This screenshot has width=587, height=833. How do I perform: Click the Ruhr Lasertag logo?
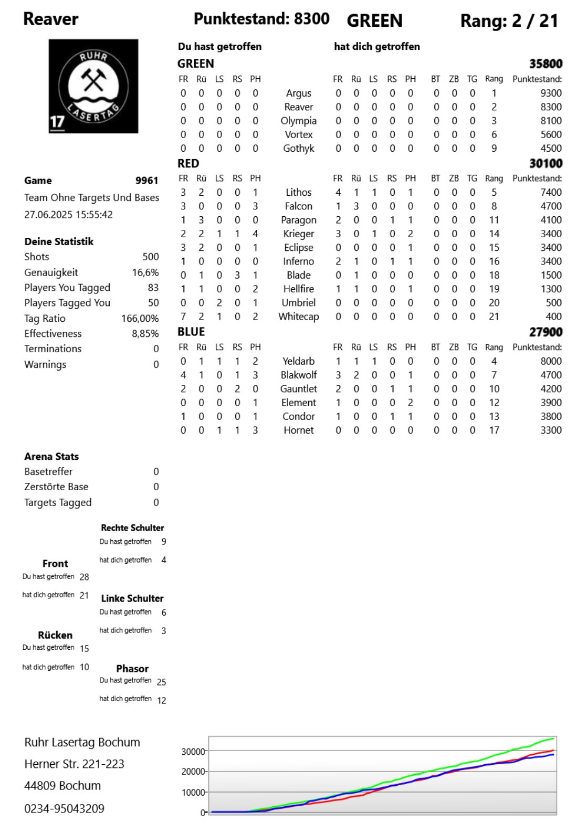click(93, 86)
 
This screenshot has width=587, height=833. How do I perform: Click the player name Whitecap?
click(298, 317)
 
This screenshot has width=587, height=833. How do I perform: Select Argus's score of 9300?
click(551, 93)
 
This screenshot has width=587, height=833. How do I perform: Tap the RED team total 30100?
click(546, 163)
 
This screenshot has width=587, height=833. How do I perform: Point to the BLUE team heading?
click(191, 332)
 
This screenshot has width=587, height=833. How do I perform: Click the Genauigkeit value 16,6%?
click(145, 272)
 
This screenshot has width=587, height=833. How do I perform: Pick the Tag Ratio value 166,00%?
click(140, 318)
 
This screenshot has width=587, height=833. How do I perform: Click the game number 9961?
click(146, 181)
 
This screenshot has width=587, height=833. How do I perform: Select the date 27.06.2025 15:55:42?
click(68, 215)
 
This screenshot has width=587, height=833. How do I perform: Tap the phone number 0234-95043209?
click(64, 808)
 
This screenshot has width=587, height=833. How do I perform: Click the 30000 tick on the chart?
click(193, 752)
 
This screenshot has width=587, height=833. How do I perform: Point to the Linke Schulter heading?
click(132, 598)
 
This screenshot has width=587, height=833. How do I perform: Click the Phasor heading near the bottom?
click(132, 669)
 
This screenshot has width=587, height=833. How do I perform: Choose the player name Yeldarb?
click(298, 361)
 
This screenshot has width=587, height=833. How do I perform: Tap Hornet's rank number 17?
click(494, 430)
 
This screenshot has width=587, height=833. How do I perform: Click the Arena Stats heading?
click(51, 457)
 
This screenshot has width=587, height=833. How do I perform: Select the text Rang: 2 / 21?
click(508, 21)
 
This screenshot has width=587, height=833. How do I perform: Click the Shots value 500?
click(151, 257)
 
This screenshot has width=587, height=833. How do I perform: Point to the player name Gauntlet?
click(298, 389)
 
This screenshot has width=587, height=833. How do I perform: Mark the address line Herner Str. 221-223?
click(74, 764)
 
